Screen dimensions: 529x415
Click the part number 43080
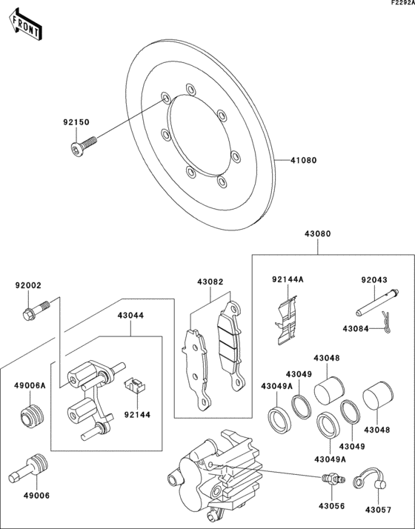(317, 234)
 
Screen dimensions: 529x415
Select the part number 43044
(130, 315)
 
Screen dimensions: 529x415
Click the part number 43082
(210, 282)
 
